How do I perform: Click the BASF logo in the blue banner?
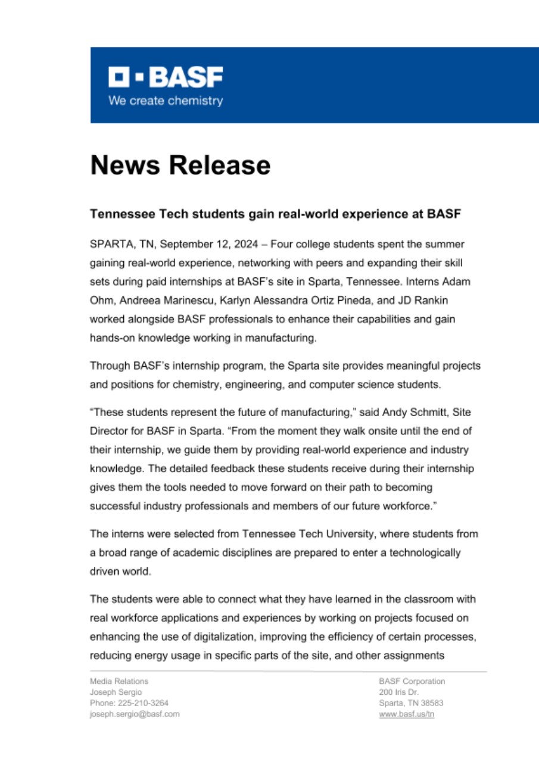pyautogui.click(x=165, y=77)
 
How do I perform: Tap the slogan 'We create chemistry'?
pyautogui.click(x=165, y=101)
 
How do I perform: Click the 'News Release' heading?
pyautogui.click(x=180, y=165)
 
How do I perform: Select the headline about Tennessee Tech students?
pyautogui.click(x=275, y=214)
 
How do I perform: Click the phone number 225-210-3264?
pyautogui.click(x=143, y=703)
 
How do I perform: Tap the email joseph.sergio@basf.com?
pyautogui.click(x=134, y=714)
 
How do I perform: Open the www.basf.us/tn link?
pyautogui.click(x=406, y=714)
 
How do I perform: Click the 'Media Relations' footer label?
pyautogui.click(x=119, y=682)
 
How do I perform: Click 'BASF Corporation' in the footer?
pyautogui.click(x=412, y=682)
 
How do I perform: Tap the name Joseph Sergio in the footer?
pyautogui.click(x=114, y=692)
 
